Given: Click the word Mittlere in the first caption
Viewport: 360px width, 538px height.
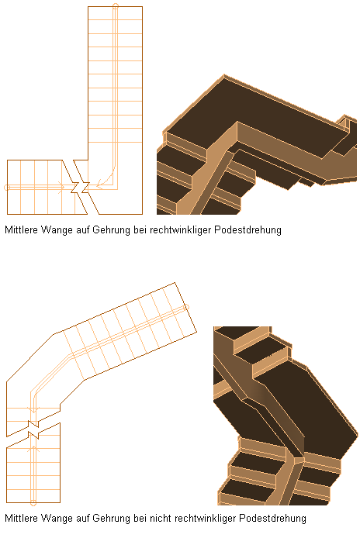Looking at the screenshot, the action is coord(22,229).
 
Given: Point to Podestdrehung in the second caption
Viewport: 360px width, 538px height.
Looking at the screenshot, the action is coord(272,518).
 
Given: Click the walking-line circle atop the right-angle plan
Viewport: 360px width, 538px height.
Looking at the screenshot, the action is coord(116,5).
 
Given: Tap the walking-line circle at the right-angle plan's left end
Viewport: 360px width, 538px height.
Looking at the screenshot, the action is coord(7,188).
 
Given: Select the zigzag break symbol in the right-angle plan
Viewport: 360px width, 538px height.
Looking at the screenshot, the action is coord(80,187).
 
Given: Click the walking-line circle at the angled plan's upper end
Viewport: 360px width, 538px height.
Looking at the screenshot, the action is coord(186,308).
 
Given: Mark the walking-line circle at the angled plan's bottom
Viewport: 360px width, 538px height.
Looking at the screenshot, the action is coord(33,503).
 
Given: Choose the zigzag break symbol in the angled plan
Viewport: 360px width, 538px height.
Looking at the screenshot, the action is coord(33,429).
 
